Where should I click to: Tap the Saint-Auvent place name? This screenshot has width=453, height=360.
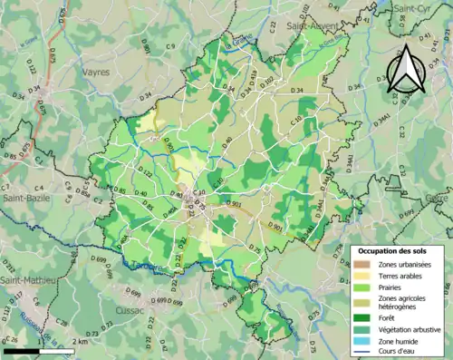[x=312, y=27]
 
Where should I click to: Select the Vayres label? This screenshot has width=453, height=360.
[x=94, y=70]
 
